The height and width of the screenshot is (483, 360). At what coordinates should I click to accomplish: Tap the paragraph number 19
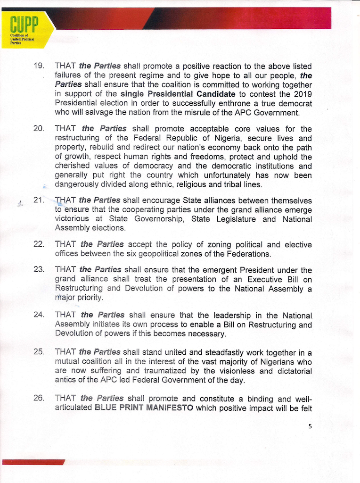pyautogui.click(x=39, y=66)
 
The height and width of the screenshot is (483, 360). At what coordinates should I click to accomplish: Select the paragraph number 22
pyautogui.click(x=39, y=244)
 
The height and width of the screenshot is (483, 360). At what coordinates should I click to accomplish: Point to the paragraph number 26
pyautogui.click(x=39, y=398)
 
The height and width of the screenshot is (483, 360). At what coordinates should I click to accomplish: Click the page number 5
pyautogui.click(x=310, y=426)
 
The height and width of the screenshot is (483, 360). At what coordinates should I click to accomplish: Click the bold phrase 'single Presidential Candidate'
pyautogui.click(x=178, y=94)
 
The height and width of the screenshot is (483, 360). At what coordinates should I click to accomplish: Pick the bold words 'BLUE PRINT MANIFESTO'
pyautogui.click(x=144, y=408)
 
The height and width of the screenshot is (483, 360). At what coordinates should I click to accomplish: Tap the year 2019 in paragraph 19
pyautogui.click(x=302, y=94)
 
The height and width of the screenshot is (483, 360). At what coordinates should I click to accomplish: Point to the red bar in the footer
pyautogui.click(x=33, y=462)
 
